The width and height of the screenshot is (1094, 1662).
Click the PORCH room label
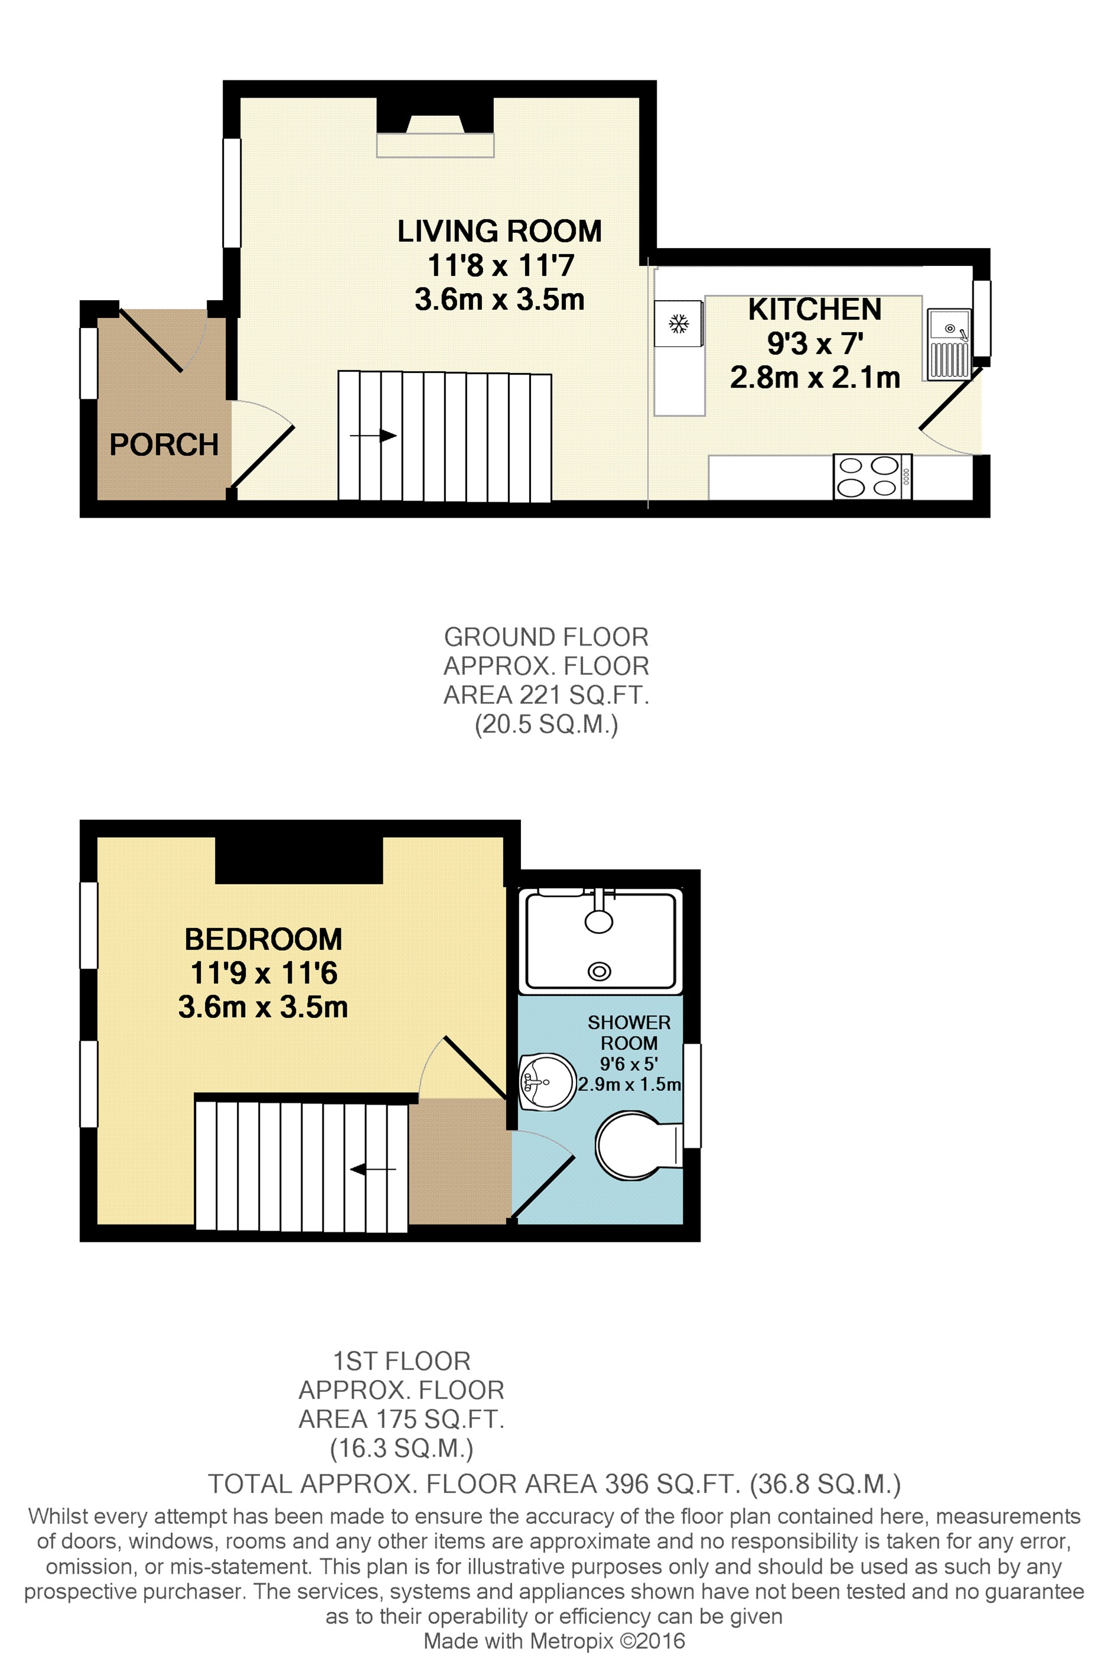(164, 445)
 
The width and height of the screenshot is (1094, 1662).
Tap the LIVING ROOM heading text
(499, 231)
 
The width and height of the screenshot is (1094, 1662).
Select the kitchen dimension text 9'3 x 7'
(815, 343)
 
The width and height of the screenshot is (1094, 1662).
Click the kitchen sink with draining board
(948, 344)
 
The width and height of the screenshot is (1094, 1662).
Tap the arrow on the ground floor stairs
(373, 436)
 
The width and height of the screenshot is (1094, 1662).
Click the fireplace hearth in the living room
(435, 145)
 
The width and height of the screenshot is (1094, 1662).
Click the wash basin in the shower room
(546, 1082)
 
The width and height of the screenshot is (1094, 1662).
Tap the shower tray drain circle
(599, 970)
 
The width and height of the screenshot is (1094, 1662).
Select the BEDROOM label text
(263, 939)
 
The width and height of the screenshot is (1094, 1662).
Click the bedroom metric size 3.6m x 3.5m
(263, 1007)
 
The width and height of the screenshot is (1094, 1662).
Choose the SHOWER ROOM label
(629, 1032)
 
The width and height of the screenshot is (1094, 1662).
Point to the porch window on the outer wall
(89, 363)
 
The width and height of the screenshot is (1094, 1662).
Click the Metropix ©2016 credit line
(553, 1641)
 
